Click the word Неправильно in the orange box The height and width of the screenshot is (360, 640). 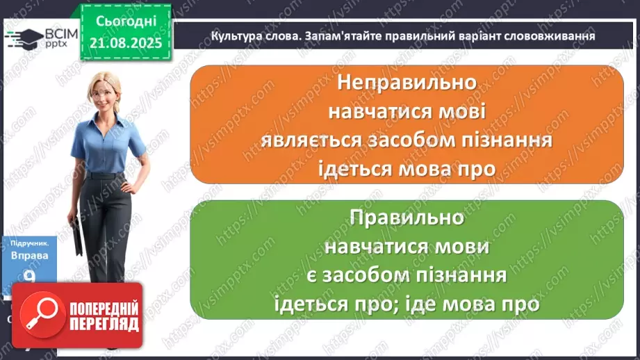[x=407, y=82]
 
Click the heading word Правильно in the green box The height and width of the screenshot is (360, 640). [x=407, y=218]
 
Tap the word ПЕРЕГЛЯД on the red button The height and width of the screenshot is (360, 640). [x=104, y=324]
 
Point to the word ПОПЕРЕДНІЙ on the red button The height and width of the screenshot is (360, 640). [x=104, y=308]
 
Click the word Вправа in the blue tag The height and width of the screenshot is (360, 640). [x=29, y=256]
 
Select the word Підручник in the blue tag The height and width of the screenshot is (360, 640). [x=29, y=244]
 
